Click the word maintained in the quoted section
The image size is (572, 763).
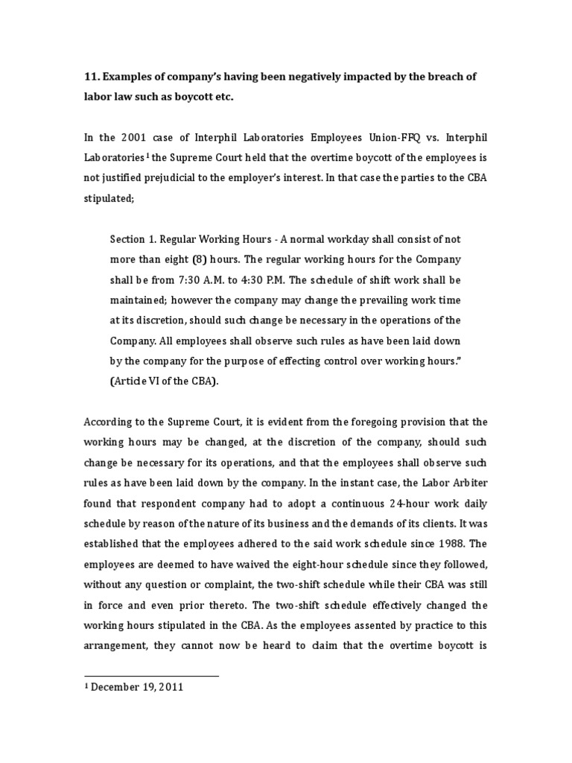tap(139, 300)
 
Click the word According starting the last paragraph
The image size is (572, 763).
tap(109, 422)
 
